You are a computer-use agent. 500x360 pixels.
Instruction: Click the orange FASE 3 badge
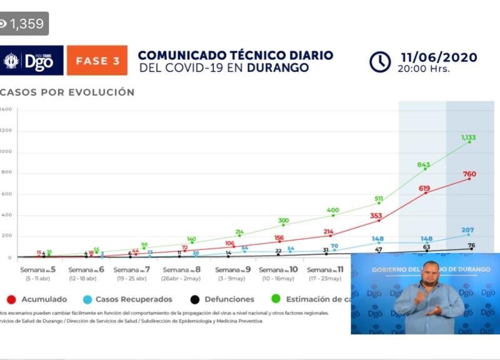coord(97,61)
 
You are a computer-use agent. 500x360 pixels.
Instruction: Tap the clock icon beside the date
coord(380,62)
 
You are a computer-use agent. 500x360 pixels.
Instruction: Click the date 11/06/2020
coord(439,57)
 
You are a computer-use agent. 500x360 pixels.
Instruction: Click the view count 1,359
coord(24,24)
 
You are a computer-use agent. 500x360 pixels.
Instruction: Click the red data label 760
coord(470,174)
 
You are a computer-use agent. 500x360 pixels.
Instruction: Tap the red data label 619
coord(425,188)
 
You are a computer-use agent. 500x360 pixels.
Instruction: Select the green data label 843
coord(424,165)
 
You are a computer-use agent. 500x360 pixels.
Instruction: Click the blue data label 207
coord(468,230)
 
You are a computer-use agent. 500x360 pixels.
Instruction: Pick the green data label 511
coord(379,199)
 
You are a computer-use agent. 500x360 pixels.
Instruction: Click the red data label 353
coord(376,216)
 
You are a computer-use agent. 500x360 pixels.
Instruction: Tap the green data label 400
coord(332,211)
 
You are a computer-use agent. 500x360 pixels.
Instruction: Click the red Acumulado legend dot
coord(11,299)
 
